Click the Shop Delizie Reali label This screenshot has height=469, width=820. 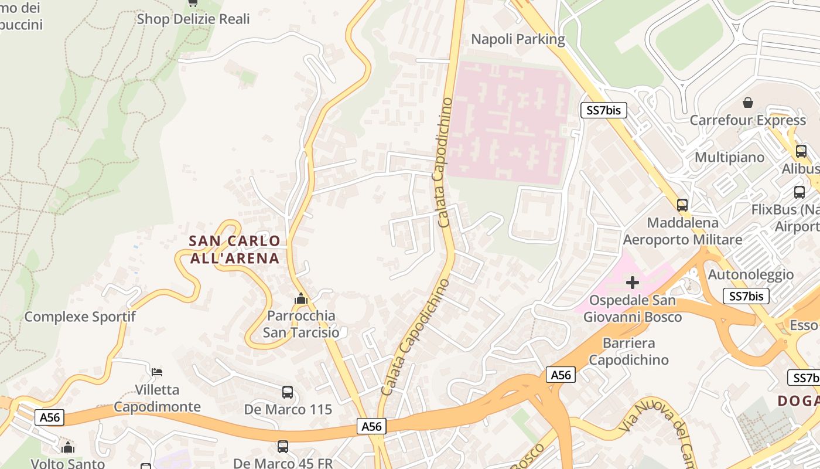[x=193, y=19]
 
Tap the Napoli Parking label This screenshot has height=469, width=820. [x=518, y=39]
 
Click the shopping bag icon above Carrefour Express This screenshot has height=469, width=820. [x=748, y=103]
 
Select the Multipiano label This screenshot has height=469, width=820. [x=729, y=157]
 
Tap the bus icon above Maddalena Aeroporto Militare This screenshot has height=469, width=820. [x=682, y=205]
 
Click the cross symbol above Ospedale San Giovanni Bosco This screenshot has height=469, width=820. [x=633, y=283]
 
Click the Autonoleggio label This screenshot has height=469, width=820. [x=751, y=274]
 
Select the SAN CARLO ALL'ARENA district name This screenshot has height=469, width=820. [x=234, y=249]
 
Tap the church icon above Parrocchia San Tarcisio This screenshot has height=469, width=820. [x=301, y=299]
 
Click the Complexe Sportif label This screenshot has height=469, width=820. [x=80, y=317]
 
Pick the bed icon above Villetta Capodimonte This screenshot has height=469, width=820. [x=157, y=372]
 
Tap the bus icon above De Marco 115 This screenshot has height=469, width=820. [x=288, y=392]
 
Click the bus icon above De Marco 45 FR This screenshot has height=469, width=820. [x=283, y=446]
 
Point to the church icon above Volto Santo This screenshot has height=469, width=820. [x=68, y=447]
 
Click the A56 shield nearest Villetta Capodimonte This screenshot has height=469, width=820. [x=50, y=417]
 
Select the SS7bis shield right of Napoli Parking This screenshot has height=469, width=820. [x=603, y=110]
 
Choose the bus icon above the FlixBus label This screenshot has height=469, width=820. [x=799, y=192]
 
